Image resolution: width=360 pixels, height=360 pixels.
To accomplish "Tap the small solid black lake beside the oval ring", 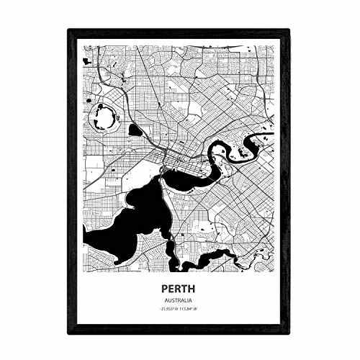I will pos(133,130).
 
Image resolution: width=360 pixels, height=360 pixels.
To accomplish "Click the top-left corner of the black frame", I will pos(68,30).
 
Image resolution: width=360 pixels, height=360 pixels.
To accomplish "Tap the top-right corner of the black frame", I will pos(292,30).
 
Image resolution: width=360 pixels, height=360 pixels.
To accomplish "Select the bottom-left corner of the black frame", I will pos(68,336).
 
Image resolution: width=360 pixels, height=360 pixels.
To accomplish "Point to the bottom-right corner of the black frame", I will pos(292,336).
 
